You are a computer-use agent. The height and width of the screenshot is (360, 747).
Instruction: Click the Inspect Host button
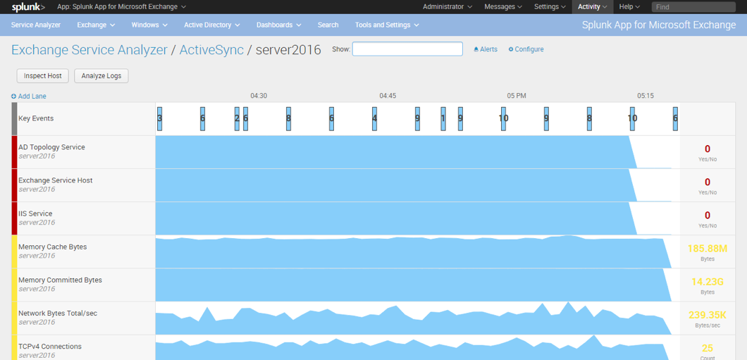coord(43,75)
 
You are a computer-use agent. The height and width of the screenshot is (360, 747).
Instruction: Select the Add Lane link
coord(29,97)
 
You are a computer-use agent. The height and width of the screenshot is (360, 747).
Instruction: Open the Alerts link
coord(486,49)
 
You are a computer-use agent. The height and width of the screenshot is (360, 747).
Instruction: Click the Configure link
coord(526,49)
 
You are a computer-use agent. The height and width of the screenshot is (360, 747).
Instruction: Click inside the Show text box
coord(407,49)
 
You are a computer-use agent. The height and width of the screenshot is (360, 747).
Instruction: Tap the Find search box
coord(693,6)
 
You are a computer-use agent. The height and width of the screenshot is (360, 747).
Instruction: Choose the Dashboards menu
coord(278,25)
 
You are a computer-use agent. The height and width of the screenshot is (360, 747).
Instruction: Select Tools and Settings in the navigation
coord(387,25)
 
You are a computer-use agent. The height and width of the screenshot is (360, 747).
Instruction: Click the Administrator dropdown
coord(447,6)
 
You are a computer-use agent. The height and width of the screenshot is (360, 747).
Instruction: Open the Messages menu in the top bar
coord(503,6)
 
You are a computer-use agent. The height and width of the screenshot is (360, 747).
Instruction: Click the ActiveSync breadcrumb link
coord(211,49)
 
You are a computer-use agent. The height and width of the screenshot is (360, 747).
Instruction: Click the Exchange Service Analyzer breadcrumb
coord(89,49)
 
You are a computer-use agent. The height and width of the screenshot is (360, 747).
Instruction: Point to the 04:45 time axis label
coord(388,96)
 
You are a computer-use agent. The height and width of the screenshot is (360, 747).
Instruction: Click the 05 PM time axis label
coord(517,96)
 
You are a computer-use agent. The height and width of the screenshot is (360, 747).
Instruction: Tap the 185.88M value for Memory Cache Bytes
coord(708,249)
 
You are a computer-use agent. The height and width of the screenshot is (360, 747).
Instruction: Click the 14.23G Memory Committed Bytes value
coord(708,282)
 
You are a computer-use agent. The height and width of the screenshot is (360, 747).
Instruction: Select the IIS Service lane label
coord(35,213)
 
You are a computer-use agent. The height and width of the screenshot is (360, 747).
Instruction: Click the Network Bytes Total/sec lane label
coord(58,314)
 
